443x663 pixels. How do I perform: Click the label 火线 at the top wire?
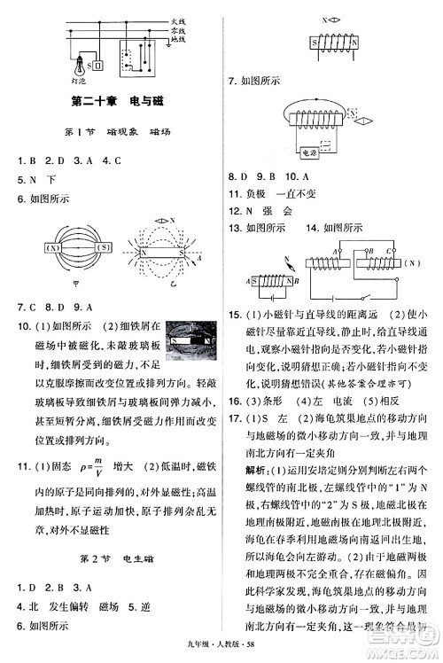point(178,19)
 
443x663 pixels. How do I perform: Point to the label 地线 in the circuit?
point(178,40)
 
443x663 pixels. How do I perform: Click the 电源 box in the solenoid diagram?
point(309,152)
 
